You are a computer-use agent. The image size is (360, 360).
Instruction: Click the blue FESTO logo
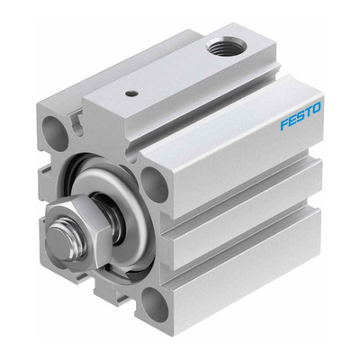[x=301, y=116]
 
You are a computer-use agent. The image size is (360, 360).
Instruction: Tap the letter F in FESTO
[x=284, y=125]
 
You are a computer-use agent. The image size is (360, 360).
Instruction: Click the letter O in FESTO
[x=317, y=107]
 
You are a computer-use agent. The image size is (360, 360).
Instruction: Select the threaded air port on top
[x=227, y=49]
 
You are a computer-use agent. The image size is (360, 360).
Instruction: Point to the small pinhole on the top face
[x=130, y=94]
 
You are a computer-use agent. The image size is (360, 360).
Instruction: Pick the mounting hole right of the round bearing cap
[x=154, y=184]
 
